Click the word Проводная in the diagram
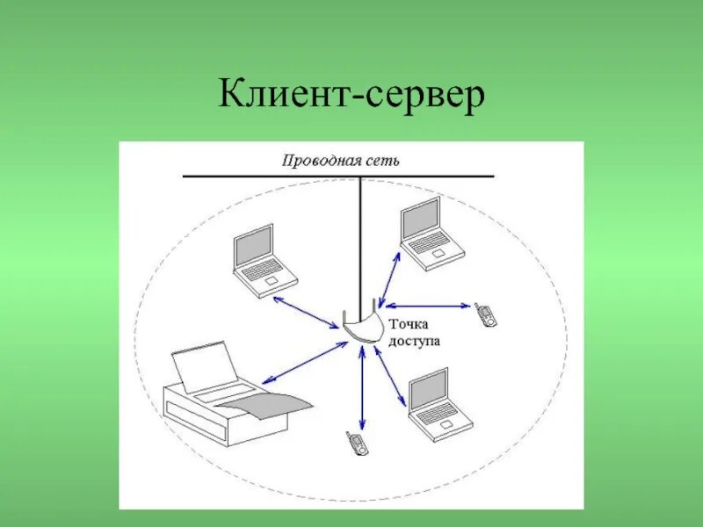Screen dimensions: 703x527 pyautogui.click(x=317, y=161)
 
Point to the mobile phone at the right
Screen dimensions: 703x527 pyautogui.click(x=484, y=314)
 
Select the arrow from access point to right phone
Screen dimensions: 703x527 pyautogui.click(x=430, y=306)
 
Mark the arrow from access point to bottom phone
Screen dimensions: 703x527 pyautogui.click(x=361, y=386)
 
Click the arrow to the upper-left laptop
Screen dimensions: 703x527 pyautogui.click(x=307, y=312)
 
